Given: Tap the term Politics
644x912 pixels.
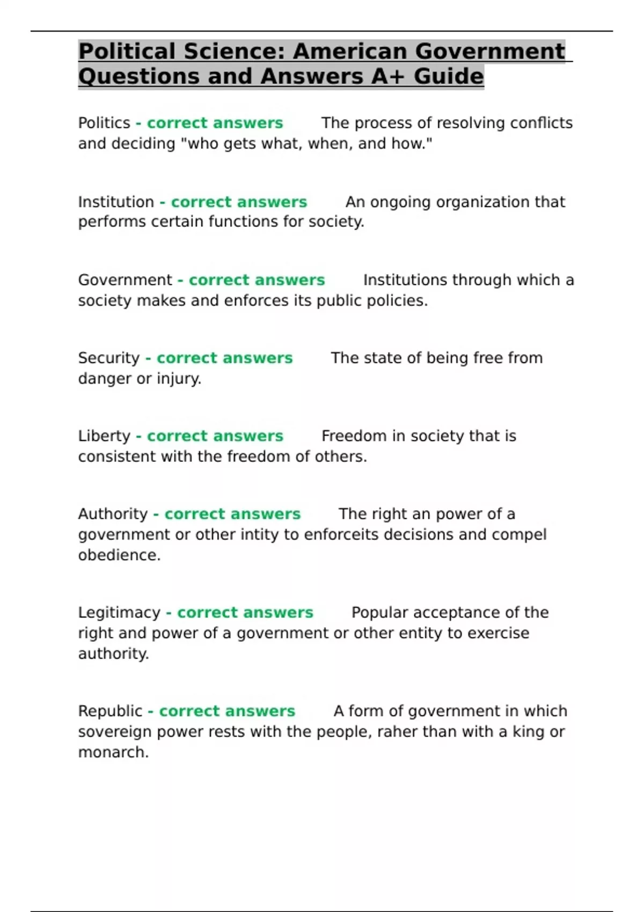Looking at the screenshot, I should coord(104,123).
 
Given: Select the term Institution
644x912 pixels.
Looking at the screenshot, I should coord(116,202).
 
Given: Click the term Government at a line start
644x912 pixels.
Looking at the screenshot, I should coord(125,280).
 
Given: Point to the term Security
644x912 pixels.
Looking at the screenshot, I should coord(109,358).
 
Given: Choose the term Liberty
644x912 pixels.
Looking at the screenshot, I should coord(104,436).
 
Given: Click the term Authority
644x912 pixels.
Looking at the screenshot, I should coord(113,514).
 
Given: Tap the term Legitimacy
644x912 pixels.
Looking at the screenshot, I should coord(119,613).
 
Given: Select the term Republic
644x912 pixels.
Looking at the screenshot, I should coord(110,711).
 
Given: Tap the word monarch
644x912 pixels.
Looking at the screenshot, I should coord(112,752).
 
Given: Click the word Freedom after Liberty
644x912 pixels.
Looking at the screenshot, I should coord(354,436).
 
